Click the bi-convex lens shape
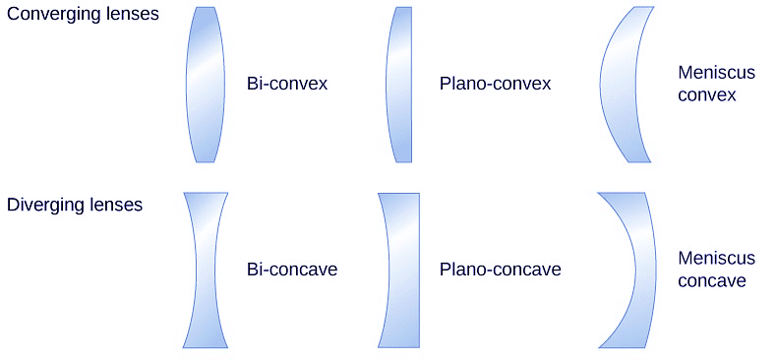(x=205, y=84)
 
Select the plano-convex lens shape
(x=401, y=84)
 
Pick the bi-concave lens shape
(x=205, y=270)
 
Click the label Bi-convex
(x=287, y=84)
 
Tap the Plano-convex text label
(x=495, y=84)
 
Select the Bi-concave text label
(x=292, y=270)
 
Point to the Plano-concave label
(x=500, y=270)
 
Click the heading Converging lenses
(x=83, y=17)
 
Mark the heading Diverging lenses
(x=75, y=206)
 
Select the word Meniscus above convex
(x=717, y=73)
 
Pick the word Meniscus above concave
(x=717, y=259)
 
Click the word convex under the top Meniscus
(x=707, y=95)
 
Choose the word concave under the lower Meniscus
(x=712, y=281)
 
